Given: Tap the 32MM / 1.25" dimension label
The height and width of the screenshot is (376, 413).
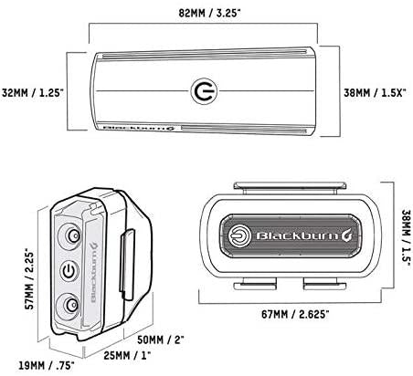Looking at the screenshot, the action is pyautogui.click(x=32, y=92).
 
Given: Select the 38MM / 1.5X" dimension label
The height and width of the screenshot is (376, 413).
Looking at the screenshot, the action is pyautogui.click(x=375, y=92).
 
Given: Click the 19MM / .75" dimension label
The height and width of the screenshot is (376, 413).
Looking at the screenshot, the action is pyautogui.click(x=47, y=365).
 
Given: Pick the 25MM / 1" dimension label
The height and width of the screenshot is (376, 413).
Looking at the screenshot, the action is pyautogui.click(x=127, y=355).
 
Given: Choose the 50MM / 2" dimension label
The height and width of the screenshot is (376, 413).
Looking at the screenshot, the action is pyautogui.click(x=161, y=339).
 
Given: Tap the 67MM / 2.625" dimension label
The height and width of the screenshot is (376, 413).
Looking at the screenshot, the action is pyautogui.click(x=295, y=314).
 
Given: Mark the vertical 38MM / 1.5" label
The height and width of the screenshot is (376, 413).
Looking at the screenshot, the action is pyautogui.click(x=408, y=239).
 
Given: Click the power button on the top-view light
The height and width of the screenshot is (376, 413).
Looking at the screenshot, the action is pyautogui.click(x=205, y=91).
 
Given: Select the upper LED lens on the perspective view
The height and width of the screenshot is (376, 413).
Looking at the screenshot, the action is pyautogui.click(x=70, y=235).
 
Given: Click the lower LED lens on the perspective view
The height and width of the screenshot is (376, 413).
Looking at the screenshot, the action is pyautogui.click(x=70, y=306).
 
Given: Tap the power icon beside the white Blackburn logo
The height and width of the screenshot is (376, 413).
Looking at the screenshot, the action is pyautogui.click(x=240, y=235).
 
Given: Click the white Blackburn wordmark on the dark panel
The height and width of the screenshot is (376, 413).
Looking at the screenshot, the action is pyautogui.click(x=304, y=235).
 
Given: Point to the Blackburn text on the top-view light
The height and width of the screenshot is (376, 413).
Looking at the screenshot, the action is pyautogui.click(x=140, y=128).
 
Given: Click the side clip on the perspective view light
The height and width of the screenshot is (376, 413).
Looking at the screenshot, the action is pyautogui.click(x=127, y=265).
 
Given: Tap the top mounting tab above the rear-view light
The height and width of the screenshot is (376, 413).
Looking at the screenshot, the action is pyautogui.click(x=290, y=186).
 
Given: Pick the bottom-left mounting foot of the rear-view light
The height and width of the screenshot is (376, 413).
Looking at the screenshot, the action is pyautogui.click(x=255, y=286).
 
